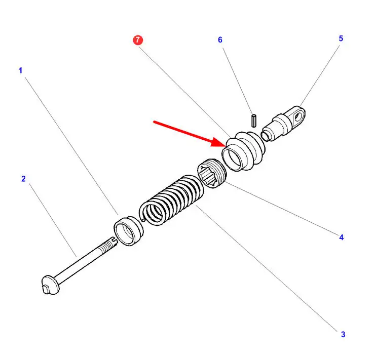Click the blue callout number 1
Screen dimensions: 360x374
click(21, 70)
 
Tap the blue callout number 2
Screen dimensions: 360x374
click(23, 179)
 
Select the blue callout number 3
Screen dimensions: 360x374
click(343, 334)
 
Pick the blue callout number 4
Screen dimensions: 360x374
click(341, 236)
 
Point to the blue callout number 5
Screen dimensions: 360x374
click(341, 38)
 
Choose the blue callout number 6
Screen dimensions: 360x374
click(220, 39)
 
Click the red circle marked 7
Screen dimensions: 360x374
click(138, 40)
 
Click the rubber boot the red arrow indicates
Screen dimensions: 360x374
click(245, 150)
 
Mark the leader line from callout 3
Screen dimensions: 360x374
click(269, 268)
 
